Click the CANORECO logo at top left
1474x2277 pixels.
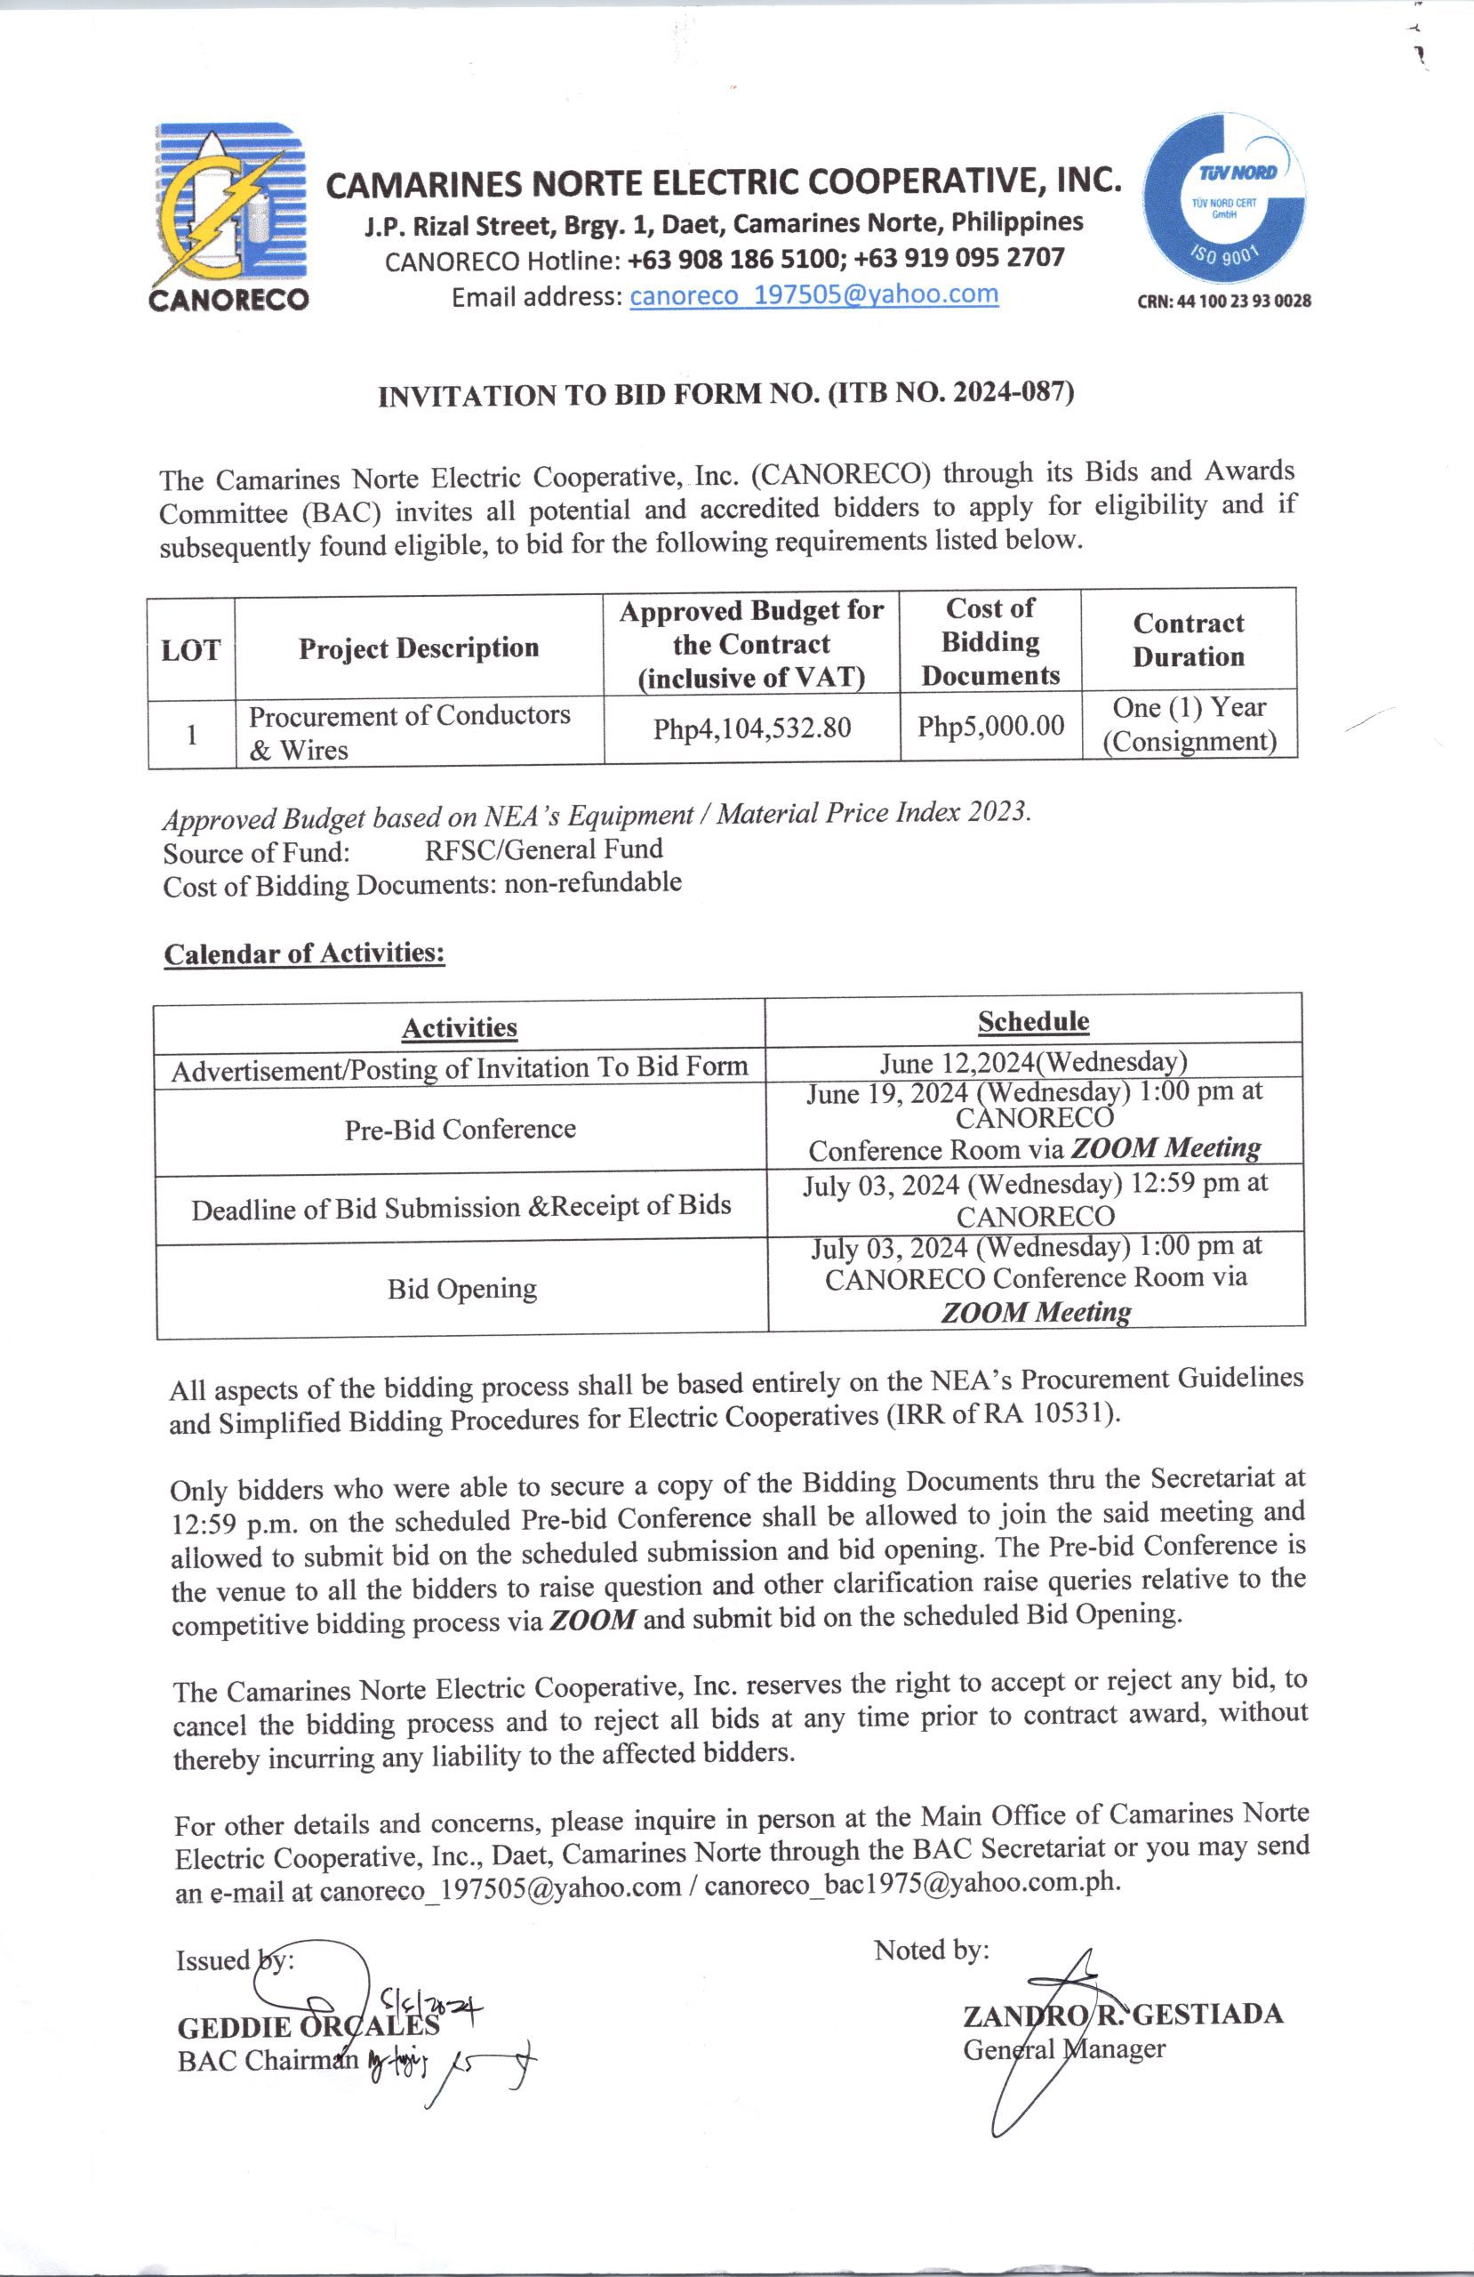pyautogui.click(x=228, y=216)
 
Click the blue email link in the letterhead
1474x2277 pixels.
pyautogui.click(x=813, y=294)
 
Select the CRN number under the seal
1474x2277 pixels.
pyautogui.click(x=1223, y=302)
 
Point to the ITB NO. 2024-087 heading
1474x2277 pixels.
pyautogui.click(x=726, y=394)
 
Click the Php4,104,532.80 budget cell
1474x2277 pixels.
pyautogui.click(x=752, y=729)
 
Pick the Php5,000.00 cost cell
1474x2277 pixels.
pyautogui.click(x=991, y=726)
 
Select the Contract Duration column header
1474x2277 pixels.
pyautogui.click(x=1188, y=640)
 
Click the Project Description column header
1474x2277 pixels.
pyautogui.click(x=419, y=648)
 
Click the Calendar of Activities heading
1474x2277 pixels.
pyautogui.click(x=304, y=953)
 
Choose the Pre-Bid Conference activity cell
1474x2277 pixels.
pyautogui.click(x=461, y=1129)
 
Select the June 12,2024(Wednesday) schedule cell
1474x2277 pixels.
pyautogui.click(x=1034, y=1063)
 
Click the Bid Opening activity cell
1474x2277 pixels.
pyautogui.click(x=462, y=1289)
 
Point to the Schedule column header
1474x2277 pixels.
pyautogui.click(x=1033, y=1022)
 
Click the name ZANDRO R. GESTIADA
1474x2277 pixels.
pyautogui.click(x=1123, y=2015)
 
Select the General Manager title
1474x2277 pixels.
pyautogui.click(x=1063, y=2049)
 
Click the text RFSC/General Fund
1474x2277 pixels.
pyautogui.click(x=543, y=849)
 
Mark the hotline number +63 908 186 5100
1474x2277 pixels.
pyautogui.click(x=732, y=258)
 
